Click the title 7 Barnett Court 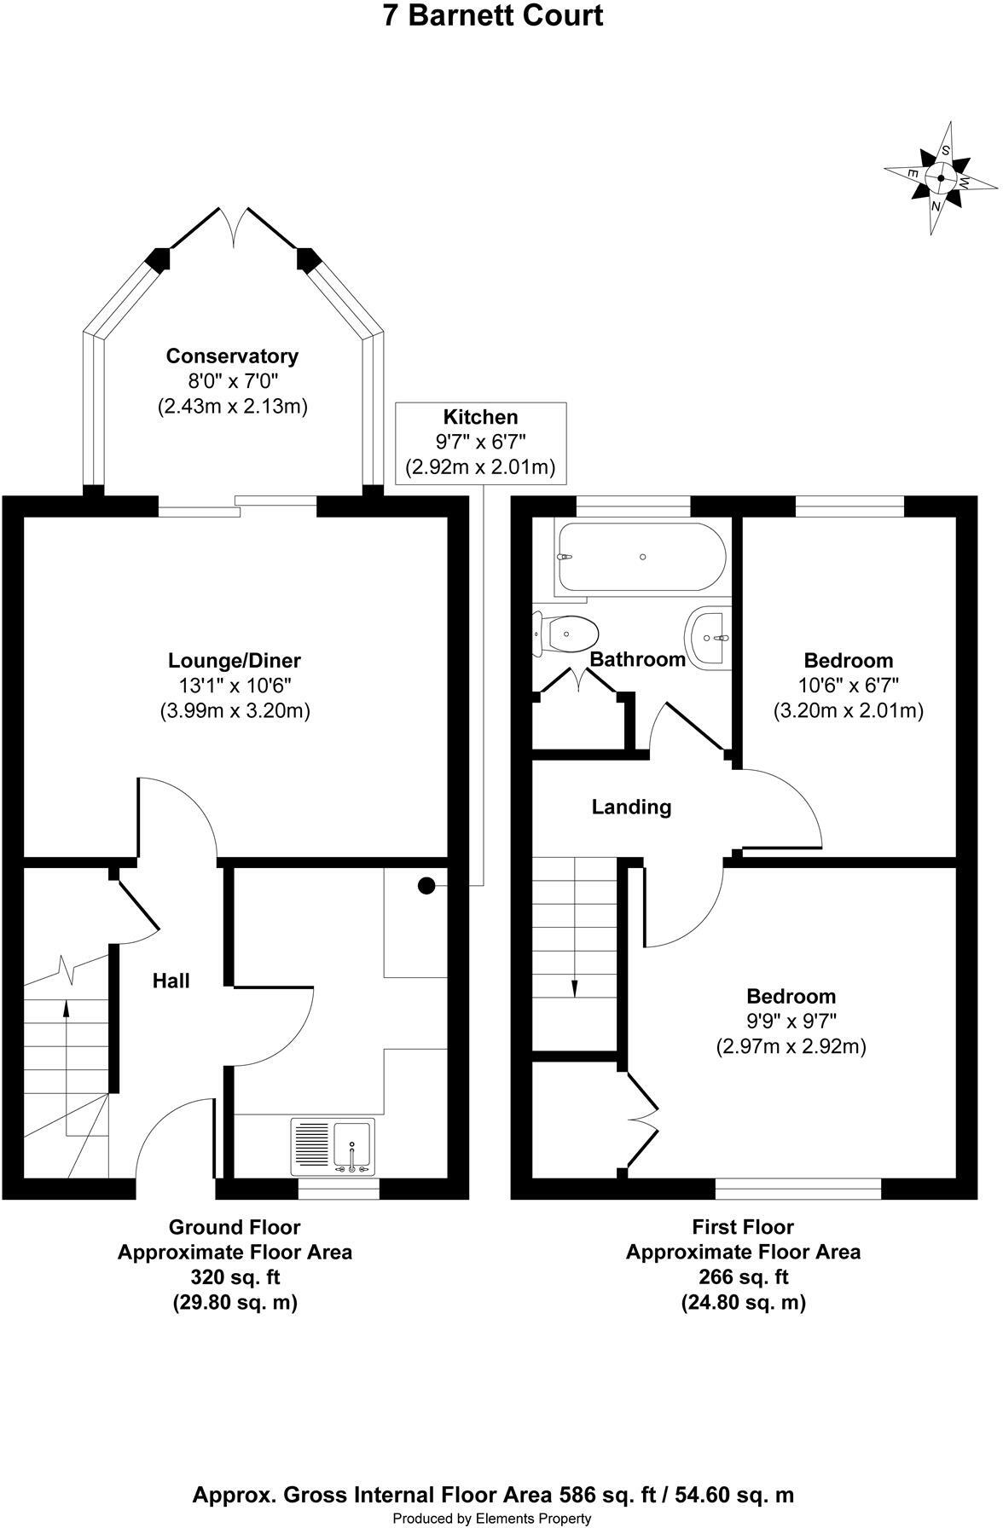click(x=493, y=16)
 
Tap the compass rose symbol click(x=941, y=178)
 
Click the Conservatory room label click(x=232, y=356)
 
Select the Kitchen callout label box click(x=481, y=442)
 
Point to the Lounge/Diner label click(x=235, y=660)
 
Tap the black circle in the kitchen click(x=426, y=886)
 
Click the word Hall click(x=171, y=981)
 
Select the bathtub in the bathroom click(x=641, y=557)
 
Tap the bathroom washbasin click(x=707, y=636)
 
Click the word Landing click(x=631, y=807)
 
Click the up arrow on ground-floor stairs click(x=67, y=1010)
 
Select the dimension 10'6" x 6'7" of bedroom click(x=848, y=685)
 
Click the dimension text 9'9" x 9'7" click(x=791, y=1021)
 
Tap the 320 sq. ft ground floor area click(x=235, y=1277)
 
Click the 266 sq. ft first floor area click(x=743, y=1277)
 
